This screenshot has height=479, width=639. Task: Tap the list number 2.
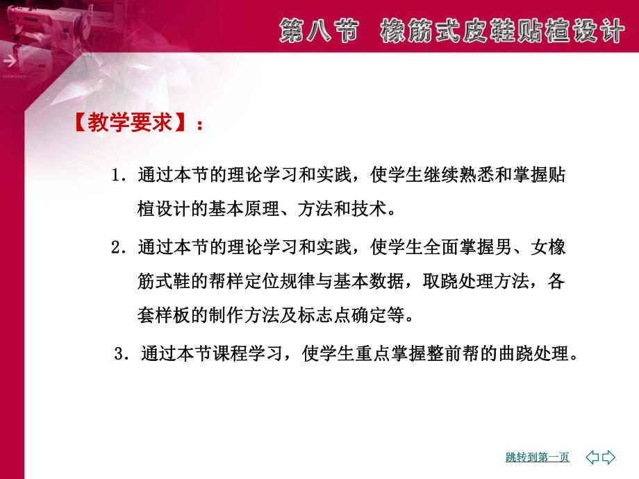[116, 247]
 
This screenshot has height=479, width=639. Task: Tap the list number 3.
[119, 354]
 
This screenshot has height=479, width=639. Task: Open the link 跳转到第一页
[537, 457]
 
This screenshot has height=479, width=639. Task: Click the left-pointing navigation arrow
[592, 457]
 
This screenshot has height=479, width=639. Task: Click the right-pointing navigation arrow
[609, 457]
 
